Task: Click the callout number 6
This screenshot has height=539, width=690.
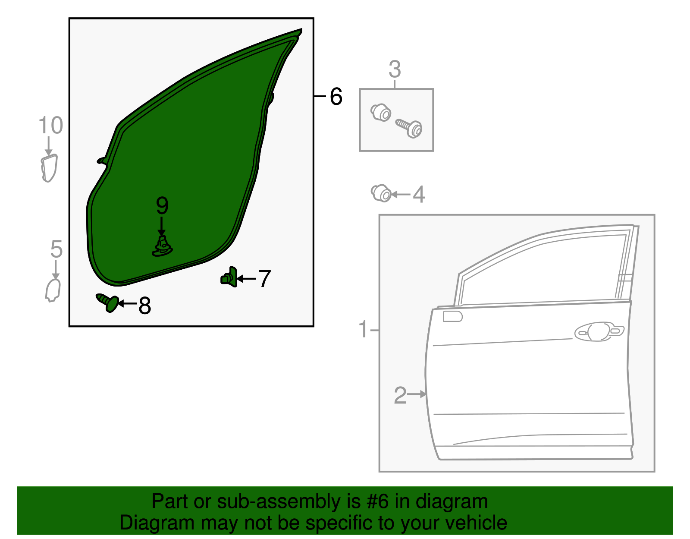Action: [x=336, y=96]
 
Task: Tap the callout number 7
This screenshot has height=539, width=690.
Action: [x=264, y=278]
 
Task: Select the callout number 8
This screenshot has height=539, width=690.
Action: [x=144, y=306]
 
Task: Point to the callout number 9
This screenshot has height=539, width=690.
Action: [x=162, y=206]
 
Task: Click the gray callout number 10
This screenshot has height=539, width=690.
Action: [x=50, y=126]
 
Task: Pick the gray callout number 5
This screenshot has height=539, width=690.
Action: [x=56, y=249]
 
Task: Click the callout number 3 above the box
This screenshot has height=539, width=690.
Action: [x=395, y=69]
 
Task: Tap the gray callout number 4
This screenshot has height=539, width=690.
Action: [x=419, y=195]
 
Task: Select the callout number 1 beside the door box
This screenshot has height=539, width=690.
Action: [x=363, y=330]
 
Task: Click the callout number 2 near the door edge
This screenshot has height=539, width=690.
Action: [x=400, y=395]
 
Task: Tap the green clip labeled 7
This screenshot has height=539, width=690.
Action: [x=229, y=277]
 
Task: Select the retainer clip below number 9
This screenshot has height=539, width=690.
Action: [x=163, y=247]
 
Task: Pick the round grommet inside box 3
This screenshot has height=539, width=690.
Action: [x=381, y=113]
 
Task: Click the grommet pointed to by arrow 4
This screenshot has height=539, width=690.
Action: [x=381, y=193]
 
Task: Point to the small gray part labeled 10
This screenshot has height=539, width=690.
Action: [x=49, y=168]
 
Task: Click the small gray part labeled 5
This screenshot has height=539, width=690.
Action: [x=53, y=290]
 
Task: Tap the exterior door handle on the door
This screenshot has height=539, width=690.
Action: [x=599, y=331]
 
